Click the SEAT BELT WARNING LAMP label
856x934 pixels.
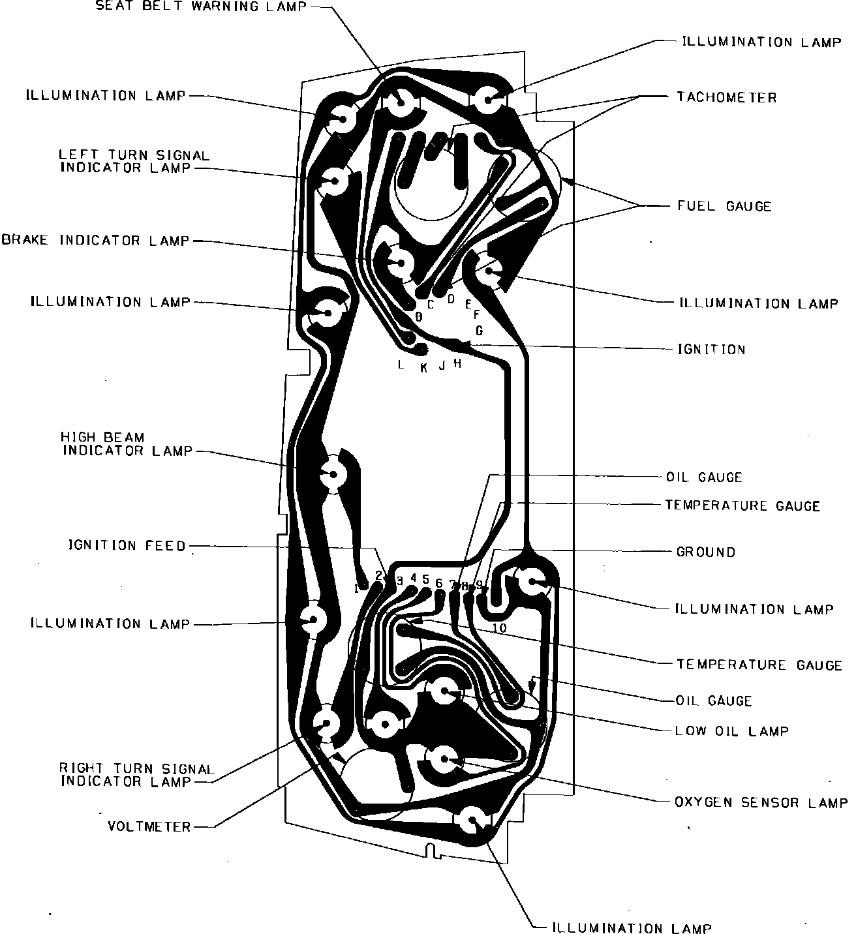pyautogui.click(x=201, y=7)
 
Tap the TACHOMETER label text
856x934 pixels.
pyautogui.click(x=726, y=97)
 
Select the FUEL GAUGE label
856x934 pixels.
pyautogui.click(x=724, y=206)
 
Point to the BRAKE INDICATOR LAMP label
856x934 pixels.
pyautogui.click(x=96, y=241)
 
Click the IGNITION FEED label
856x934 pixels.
pyautogui.click(x=128, y=545)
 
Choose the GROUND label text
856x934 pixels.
pyautogui.click(x=705, y=552)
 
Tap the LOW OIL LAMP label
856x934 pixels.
pyautogui.click(x=731, y=731)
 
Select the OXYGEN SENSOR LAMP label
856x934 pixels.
pyautogui.click(x=761, y=802)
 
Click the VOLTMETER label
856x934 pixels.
pyautogui.click(x=149, y=827)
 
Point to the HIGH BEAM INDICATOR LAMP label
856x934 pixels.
pyautogui.click(x=127, y=444)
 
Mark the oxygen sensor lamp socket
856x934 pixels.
pyautogui.click(x=444, y=759)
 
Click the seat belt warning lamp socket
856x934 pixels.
pyautogui.click(x=398, y=101)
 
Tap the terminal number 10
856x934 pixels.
pyautogui.click(x=499, y=628)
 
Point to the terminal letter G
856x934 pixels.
pyautogui.click(x=480, y=331)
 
